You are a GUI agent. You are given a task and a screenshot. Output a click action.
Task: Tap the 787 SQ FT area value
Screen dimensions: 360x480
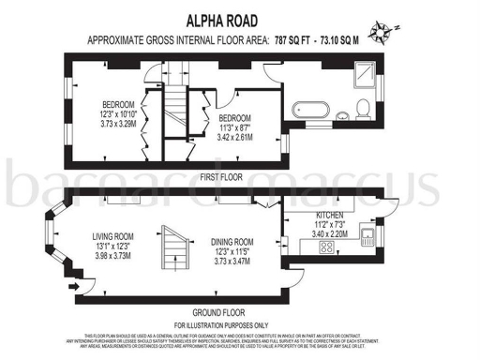(x=296, y=40)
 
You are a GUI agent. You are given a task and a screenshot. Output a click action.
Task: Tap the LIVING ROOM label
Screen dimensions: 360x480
(x=113, y=236)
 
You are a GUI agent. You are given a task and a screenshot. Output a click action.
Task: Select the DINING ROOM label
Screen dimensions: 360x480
(x=232, y=241)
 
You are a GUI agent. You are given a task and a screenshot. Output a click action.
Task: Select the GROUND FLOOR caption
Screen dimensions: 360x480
(x=219, y=311)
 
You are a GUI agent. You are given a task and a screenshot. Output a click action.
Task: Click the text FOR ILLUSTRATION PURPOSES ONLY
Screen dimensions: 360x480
(x=219, y=323)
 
